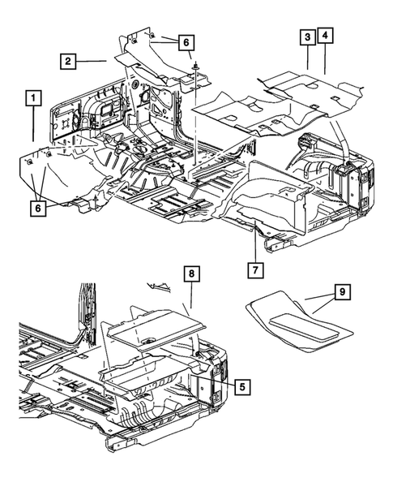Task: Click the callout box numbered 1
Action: [x=33, y=99]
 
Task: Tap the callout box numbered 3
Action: [x=308, y=37]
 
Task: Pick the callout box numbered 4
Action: [x=326, y=37]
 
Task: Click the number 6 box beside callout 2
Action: [x=186, y=42]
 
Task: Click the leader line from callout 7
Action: [x=256, y=243]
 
